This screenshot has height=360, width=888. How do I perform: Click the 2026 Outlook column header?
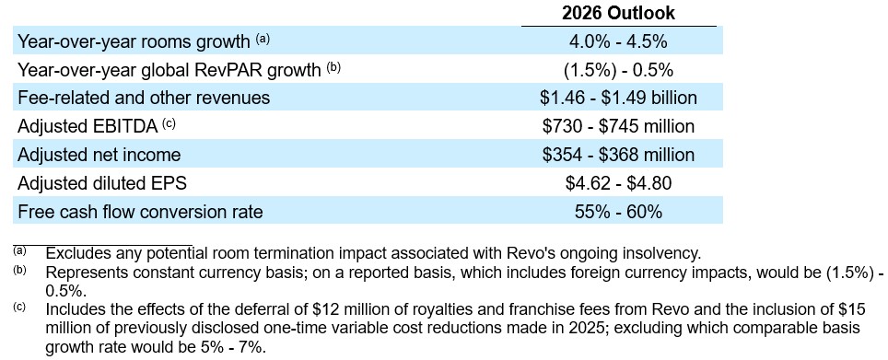coord(618,13)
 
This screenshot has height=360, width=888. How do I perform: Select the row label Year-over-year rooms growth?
coord(134,41)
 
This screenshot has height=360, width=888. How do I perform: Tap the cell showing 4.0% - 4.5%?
coord(618,41)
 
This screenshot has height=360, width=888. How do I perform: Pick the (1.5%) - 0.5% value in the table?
coord(618,70)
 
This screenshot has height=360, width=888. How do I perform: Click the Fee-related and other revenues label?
coord(144,98)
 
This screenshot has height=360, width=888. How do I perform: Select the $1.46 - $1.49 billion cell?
coord(618,98)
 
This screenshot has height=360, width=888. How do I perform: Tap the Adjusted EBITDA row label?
coord(88,126)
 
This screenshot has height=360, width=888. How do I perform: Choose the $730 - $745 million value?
coord(618,126)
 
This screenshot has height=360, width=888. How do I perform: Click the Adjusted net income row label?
coord(99,155)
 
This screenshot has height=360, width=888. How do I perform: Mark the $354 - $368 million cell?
coord(618,155)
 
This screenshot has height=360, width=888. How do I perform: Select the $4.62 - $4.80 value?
coord(618,183)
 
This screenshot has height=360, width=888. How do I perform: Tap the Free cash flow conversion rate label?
coord(140,212)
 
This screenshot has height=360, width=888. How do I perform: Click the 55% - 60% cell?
coord(618,212)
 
